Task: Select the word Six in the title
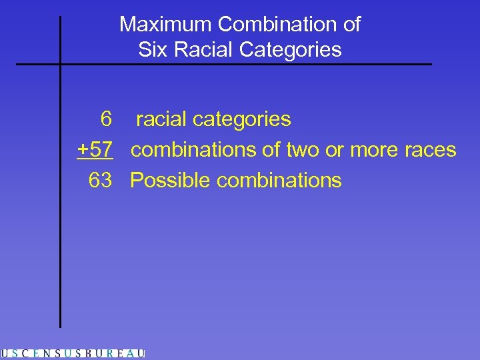[x=151, y=49]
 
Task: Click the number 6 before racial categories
[x=105, y=119]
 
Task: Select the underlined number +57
[x=95, y=150]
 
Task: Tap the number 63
[x=100, y=180]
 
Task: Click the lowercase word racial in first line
[x=162, y=119]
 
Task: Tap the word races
[x=431, y=150]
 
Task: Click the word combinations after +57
[x=193, y=150]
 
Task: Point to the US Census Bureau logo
[x=73, y=353]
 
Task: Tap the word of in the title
[x=351, y=25]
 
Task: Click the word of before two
[x=272, y=150]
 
